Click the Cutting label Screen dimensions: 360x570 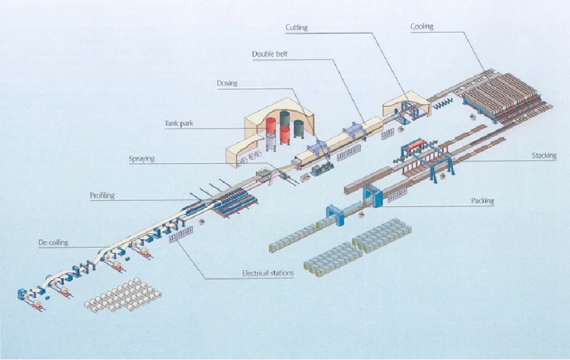(x=296, y=27)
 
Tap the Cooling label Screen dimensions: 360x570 (x=422, y=26)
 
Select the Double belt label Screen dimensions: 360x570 (x=270, y=54)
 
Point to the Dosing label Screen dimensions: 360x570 (x=227, y=83)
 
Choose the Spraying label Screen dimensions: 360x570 (x=141, y=159)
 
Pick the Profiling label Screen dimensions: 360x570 (x=102, y=195)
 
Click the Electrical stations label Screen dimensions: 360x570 (x=267, y=273)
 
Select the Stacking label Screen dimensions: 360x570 (x=544, y=156)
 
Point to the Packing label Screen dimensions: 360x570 (x=482, y=201)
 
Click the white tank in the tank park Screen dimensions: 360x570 (x=271, y=141)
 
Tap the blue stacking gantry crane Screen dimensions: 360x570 (x=423, y=157)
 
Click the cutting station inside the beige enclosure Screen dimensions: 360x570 (x=407, y=108)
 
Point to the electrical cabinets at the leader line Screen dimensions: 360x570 (x=180, y=235)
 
